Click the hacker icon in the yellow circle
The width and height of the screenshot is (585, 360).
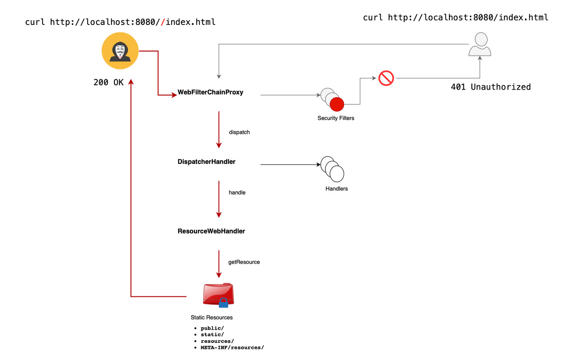120,51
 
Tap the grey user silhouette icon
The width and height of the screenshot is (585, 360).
480,44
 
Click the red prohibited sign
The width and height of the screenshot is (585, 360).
386,78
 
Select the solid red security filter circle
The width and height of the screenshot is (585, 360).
337,104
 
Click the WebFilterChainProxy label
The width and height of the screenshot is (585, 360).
210,92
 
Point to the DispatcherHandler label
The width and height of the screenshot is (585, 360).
206,162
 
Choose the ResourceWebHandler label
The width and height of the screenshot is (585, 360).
211,231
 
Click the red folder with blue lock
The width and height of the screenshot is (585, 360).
218,294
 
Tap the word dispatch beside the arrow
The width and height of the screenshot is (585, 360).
239,132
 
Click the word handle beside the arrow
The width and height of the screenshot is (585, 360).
237,192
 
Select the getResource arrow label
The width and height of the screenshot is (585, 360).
244,262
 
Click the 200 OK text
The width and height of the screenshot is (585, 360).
108,83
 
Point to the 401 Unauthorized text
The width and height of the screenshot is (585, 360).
490,87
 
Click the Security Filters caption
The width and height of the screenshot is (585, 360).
336,118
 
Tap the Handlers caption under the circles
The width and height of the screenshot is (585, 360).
336,189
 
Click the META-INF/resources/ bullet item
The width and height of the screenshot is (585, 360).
232,348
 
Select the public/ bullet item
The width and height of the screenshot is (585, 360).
212,328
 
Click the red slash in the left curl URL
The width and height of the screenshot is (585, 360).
163,22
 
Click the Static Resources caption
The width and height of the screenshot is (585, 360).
211,318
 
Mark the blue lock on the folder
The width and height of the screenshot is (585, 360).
223,303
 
